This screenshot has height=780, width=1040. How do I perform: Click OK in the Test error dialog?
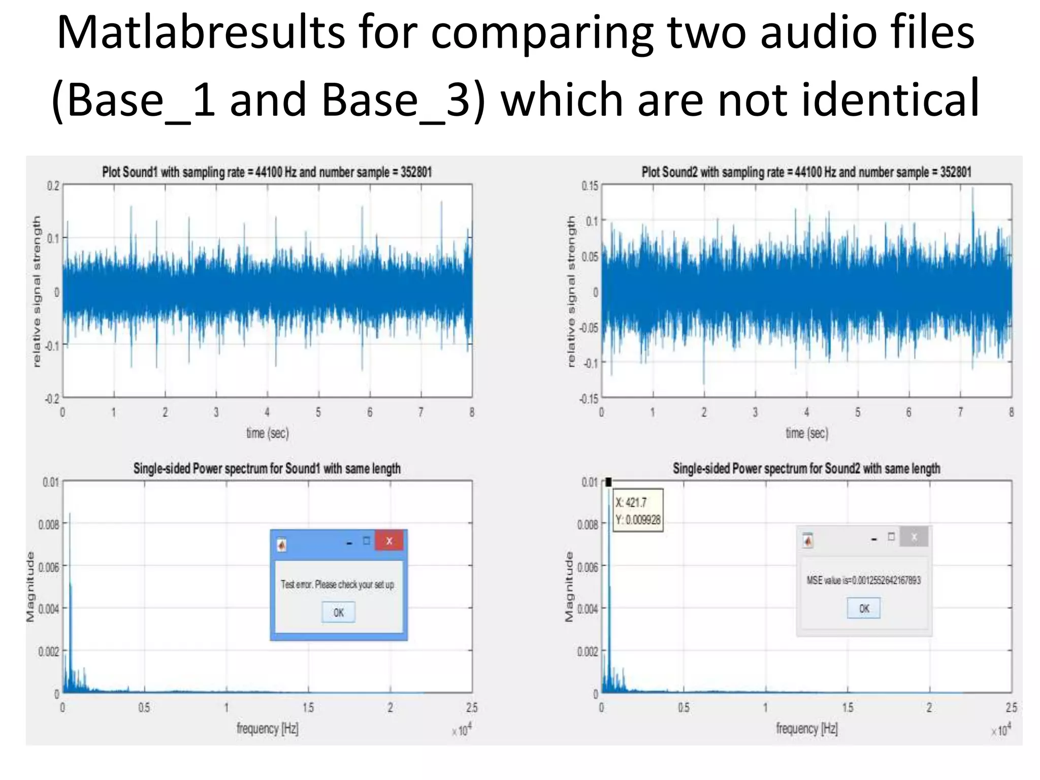[338, 612]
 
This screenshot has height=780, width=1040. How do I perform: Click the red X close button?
[389, 541]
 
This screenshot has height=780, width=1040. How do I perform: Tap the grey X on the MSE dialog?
[914, 537]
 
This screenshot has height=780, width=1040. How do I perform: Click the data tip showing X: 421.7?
[638, 510]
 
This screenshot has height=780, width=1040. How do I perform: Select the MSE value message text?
[863, 580]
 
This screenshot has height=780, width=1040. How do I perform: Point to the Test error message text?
[337, 584]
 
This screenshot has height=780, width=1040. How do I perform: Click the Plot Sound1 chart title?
[267, 172]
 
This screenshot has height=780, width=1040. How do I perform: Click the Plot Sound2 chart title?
[806, 172]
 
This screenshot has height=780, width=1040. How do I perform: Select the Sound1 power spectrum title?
[267, 468]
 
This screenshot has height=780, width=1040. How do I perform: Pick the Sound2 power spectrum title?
[806, 468]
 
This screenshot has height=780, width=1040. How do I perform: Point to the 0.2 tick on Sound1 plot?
[53, 186]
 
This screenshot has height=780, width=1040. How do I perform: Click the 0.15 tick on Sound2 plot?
[590, 186]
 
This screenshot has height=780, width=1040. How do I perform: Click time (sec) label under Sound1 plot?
[267, 433]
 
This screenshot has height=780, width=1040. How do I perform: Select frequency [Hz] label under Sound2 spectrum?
[806, 729]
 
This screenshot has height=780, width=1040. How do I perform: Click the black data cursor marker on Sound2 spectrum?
[608, 482]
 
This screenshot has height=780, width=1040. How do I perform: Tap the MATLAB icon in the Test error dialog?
[282, 545]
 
